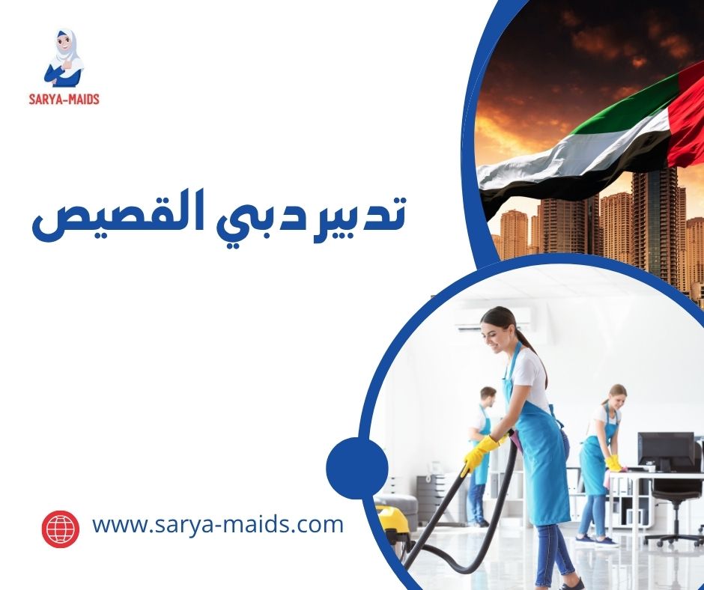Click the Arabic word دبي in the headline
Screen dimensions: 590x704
pos(278,216)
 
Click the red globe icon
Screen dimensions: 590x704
pos(61,529)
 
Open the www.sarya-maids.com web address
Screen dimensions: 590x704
pos(217,524)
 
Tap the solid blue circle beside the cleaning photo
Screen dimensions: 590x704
pos(357,469)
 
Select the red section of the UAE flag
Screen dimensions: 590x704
pos(685,112)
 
